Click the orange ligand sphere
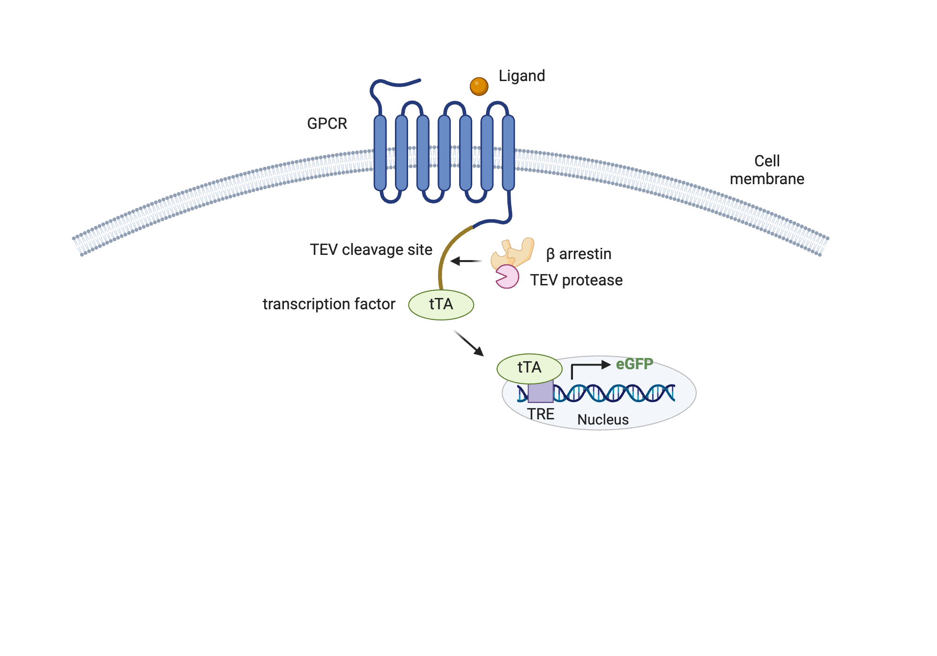point(479,86)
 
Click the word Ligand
point(521,76)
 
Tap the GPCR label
point(327,124)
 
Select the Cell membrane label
point(767,170)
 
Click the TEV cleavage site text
point(371,250)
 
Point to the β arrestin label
point(579,254)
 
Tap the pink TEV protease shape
point(507,276)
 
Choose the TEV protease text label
point(576,280)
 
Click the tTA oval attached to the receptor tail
point(441,305)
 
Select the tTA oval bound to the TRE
point(529,368)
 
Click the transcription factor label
point(329,304)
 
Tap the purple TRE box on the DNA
point(540,393)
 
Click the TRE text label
point(540,414)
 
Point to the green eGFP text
point(634,364)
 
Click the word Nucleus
point(602,419)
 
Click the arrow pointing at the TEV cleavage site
point(466,261)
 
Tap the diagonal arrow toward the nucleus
point(468,343)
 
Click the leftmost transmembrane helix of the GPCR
point(380,152)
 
